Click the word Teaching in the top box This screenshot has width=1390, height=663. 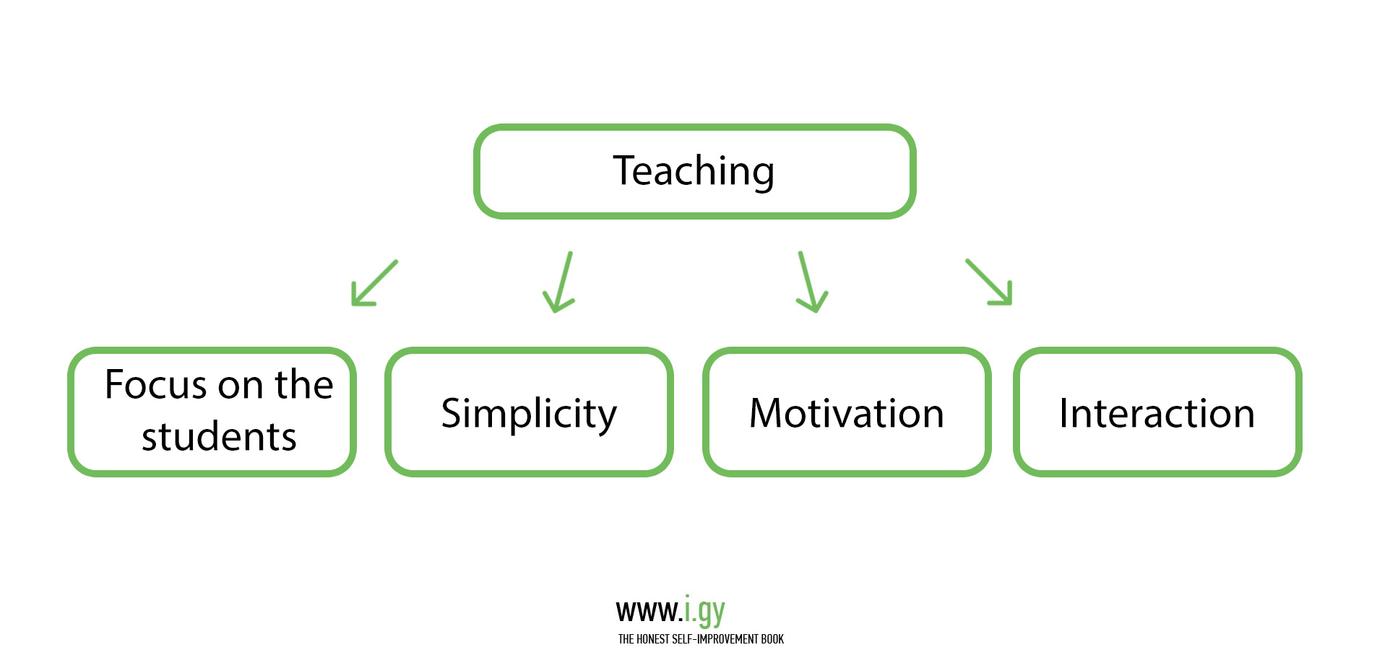tap(694, 172)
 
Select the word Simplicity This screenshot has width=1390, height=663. tap(529, 415)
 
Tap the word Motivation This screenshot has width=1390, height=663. tap(847, 414)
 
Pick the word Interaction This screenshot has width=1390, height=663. tap(1157, 414)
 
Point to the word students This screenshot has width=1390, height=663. tap(219, 437)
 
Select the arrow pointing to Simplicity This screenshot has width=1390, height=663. tap(559, 282)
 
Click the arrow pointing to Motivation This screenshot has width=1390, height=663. tap(812, 282)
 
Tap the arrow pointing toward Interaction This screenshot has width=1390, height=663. tap(989, 282)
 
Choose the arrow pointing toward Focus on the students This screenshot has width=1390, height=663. tap(374, 282)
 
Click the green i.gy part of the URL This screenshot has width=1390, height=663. tap(704, 612)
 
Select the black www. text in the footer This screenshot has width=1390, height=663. tap(649, 612)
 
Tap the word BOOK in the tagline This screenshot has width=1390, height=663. tap(772, 639)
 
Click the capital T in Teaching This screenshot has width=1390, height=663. tap(625, 170)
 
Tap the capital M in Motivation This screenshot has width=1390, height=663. tap(767, 414)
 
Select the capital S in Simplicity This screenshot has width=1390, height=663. tap(452, 414)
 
